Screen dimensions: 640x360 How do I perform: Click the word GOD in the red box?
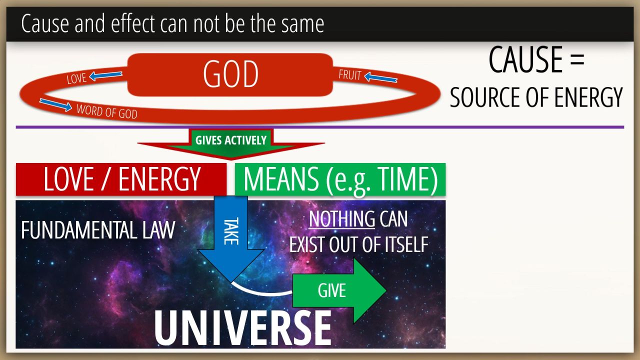230,74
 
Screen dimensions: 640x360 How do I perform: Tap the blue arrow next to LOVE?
105,75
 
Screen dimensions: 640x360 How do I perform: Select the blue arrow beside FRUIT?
381,77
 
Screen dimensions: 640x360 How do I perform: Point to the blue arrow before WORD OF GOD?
55,105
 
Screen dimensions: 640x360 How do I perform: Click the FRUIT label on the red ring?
349,75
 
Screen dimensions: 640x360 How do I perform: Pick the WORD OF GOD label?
107,111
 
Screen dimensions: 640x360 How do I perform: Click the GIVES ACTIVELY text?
231,140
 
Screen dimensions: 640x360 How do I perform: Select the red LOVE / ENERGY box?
121,179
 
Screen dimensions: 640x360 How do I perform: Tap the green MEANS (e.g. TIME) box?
340,179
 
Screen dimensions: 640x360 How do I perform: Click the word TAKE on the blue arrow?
231,231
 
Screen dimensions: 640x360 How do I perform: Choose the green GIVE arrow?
339,290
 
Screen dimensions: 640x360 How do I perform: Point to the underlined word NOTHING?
341,219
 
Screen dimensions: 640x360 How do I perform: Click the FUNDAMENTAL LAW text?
98,230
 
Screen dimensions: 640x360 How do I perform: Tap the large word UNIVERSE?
243,328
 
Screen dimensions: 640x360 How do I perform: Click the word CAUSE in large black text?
526,59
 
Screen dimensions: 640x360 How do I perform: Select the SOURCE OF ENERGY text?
536,97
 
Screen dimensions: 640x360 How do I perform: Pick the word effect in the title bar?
133,23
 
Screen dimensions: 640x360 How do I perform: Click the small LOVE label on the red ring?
76,78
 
